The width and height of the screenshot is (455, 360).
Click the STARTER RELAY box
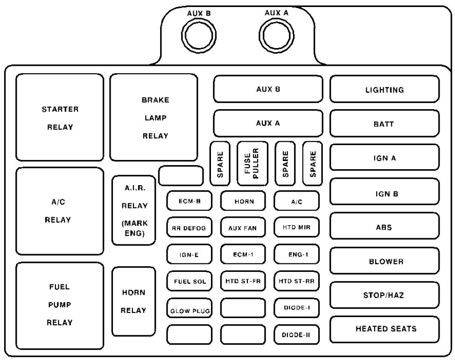(60, 118)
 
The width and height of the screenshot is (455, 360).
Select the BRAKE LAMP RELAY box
(154, 118)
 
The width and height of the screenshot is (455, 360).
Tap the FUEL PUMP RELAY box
(60, 305)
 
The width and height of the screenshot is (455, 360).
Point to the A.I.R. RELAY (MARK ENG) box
(133, 210)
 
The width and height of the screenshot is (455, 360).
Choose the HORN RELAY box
(133, 302)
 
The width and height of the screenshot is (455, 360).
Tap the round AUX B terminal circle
(200, 35)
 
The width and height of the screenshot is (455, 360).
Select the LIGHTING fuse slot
(385, 90)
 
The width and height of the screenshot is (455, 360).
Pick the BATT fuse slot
(385, 124)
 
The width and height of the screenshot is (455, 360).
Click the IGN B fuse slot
(385, 193)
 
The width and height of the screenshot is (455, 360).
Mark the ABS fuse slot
(385, 227)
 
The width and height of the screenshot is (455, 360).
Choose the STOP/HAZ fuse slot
(385, 295)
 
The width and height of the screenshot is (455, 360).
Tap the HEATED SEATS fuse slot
(385, 329)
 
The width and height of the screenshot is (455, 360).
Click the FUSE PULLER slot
(252, 163)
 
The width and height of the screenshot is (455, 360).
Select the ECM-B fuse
(189, 201)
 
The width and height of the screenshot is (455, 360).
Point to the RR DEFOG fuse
(189, 228)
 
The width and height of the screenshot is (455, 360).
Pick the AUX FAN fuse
(243, 228)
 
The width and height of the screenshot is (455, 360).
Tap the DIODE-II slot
(296, 334)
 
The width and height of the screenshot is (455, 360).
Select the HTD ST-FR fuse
(243, 281)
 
